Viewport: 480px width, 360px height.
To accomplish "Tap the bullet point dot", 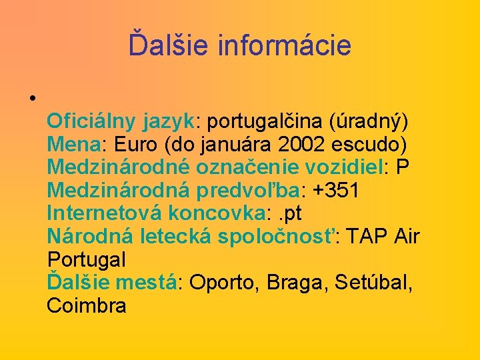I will (x=32, y=99).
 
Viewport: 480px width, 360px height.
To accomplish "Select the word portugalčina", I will (x=264, y=122).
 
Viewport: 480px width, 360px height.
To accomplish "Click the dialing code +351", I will (x=336, y=191).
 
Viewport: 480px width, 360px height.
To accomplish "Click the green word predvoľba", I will (x=248, y=191).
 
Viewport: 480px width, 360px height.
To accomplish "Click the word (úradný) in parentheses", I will (x=367, y=122).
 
